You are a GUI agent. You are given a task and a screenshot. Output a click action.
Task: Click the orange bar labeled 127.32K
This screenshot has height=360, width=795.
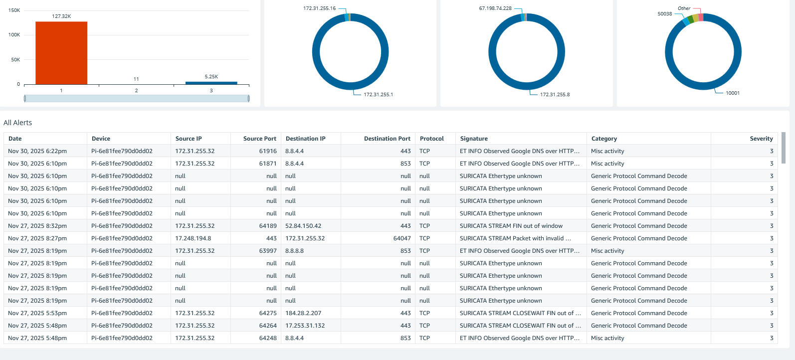tap(61, 53)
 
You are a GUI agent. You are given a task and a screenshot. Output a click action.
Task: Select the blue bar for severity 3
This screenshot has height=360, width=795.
tap(211, 83)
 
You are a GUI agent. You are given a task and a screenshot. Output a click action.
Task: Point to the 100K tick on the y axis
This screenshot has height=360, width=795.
tap(14, 35)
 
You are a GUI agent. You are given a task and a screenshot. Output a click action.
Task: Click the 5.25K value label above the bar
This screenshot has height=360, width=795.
tap(211, 76)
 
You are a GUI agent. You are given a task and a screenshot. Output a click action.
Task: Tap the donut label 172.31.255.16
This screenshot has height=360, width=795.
tap(319, 8)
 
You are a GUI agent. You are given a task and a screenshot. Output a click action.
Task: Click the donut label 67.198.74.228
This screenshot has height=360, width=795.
tap(495, 8)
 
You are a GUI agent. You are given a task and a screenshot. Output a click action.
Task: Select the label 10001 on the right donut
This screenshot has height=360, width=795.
tap(732, 93)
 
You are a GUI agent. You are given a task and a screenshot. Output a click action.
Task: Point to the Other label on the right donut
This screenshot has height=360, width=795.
tap(684, 8)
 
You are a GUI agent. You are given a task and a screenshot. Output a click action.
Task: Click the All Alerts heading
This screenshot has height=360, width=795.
tap(18, 123)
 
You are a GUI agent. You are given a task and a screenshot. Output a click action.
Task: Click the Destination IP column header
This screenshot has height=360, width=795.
tap(305, 139)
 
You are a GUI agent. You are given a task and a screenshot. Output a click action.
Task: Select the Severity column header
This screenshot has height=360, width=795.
tap(761, 139)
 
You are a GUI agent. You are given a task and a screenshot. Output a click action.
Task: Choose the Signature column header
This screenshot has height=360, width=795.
tap(474, 139)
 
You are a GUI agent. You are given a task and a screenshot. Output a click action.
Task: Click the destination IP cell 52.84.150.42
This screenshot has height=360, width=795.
tap(303, 226)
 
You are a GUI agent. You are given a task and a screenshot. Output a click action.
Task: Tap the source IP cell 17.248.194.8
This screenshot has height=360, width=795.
tap(193, 238)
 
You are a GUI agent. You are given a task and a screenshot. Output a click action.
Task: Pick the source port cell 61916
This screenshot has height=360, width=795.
tap(268, 151)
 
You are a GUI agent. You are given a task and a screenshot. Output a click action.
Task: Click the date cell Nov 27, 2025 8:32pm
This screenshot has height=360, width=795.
tap(37, 226)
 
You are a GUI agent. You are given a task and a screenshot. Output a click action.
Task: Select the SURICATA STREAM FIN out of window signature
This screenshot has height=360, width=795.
tap(511, 226)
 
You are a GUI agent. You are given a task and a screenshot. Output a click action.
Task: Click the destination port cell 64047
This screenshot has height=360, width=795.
tap(402, 238)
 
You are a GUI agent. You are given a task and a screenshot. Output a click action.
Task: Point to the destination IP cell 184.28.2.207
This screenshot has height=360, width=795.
tap(303, 313)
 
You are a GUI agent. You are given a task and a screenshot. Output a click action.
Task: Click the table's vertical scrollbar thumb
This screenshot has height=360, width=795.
tap(783, 148)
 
